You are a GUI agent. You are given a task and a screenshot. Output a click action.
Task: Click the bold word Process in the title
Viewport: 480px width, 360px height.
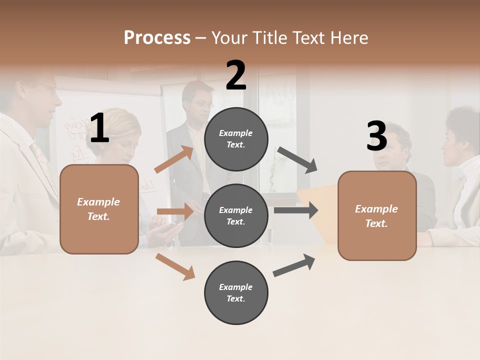point(157,37)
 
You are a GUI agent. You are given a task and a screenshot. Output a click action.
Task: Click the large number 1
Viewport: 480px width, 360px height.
point(99,128)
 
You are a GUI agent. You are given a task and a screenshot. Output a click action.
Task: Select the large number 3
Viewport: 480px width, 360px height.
point(376,136)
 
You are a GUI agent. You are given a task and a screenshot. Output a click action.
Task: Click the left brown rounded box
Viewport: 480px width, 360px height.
point(99,209)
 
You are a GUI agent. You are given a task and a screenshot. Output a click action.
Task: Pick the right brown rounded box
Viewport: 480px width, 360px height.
point(377,216)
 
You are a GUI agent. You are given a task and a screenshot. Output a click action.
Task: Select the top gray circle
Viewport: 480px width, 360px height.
point(236,139)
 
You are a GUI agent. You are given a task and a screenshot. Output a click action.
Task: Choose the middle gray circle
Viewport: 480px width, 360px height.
point(236,215)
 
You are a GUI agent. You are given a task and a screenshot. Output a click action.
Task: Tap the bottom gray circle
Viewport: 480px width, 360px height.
point(236,292)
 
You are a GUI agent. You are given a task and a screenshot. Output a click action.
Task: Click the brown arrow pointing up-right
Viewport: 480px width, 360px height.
point(174,159)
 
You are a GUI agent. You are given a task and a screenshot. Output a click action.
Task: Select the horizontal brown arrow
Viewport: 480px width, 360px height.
point(175,211)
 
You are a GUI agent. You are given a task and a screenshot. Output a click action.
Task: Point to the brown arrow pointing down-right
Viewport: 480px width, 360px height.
point(175,266)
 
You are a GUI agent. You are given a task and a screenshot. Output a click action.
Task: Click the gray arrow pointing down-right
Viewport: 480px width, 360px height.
point(297,159)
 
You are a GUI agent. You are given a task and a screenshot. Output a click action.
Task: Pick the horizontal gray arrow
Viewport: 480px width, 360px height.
point(296,210)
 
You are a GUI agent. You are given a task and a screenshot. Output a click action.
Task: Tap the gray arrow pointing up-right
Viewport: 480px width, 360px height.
point(294,265)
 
